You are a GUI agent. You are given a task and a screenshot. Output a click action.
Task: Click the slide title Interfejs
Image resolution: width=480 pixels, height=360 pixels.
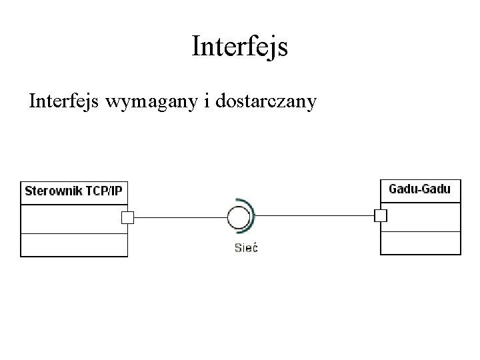(239, 47)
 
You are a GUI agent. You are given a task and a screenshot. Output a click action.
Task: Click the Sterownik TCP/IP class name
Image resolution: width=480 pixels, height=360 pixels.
(73, 192)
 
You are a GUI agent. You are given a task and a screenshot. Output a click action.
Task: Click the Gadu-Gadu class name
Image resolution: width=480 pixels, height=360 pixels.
(419, 189)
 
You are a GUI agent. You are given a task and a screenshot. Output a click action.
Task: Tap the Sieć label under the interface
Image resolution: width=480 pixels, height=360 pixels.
(246, 248)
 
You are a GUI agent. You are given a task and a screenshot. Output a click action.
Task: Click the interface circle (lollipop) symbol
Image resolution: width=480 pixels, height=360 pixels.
(238, 217)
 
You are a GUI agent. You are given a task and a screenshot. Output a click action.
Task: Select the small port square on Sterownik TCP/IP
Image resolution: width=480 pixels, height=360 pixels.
(127, 217)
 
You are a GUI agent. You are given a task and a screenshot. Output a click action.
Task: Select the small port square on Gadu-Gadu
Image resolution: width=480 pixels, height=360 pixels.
(381, 215)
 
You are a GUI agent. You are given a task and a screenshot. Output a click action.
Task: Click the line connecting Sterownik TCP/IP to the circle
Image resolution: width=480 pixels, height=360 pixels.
(180, 217)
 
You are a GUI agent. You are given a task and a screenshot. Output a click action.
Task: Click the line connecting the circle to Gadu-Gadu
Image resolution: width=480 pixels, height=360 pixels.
(313, 216)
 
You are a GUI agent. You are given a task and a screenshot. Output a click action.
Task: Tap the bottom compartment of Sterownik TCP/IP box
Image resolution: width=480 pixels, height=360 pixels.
(73, 245)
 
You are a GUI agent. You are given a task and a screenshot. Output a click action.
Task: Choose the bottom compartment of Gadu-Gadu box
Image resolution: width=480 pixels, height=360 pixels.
(420, 243)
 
